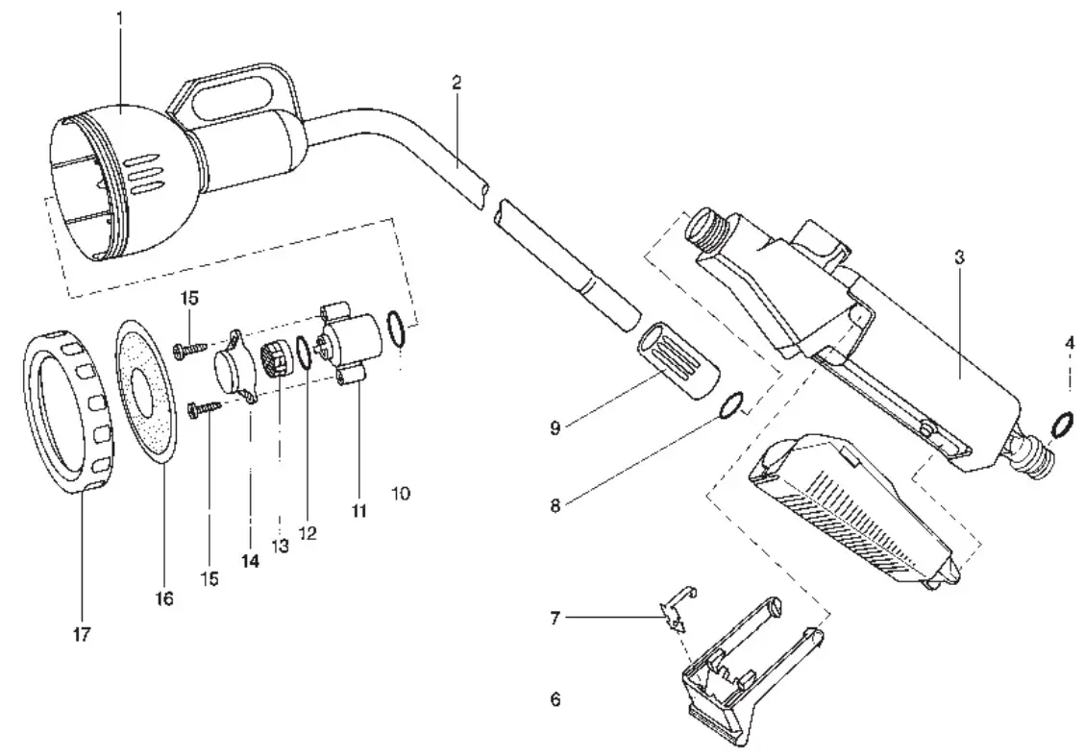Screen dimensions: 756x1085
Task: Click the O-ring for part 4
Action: click(1062, 423)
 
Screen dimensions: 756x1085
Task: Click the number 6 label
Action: click(555, 700)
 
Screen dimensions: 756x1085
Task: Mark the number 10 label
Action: click(401, 493)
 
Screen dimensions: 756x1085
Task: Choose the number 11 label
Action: click(358, 512)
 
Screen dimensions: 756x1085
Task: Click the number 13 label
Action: click(280, 546)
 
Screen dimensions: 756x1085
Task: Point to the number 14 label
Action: click(250, 562)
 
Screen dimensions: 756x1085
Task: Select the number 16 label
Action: click(163, 598)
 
